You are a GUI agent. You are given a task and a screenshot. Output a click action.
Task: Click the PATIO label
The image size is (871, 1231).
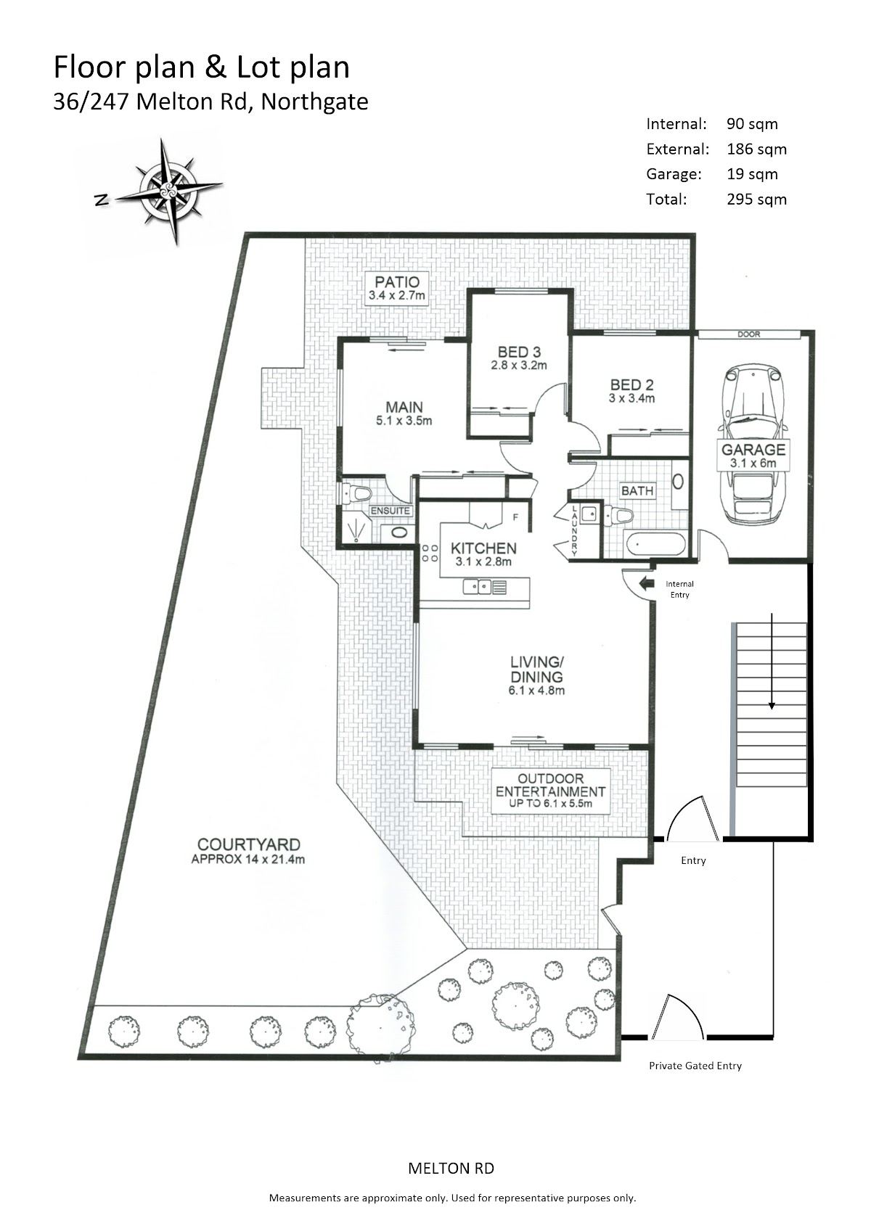396,288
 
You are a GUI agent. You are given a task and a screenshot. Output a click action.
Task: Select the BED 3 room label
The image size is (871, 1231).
518,358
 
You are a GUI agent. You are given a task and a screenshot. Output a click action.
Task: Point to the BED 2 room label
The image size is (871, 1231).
631,390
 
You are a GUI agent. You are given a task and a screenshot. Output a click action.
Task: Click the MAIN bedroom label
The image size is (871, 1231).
404,413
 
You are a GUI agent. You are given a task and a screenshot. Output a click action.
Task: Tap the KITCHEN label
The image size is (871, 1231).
483,553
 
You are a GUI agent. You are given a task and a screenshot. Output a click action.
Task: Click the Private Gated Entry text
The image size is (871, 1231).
695,1066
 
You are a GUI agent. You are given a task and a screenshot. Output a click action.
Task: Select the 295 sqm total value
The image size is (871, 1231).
756,199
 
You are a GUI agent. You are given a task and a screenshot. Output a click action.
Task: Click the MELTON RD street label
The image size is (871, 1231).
451,1169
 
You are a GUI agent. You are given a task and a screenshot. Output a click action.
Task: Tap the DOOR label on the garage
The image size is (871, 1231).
748,335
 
